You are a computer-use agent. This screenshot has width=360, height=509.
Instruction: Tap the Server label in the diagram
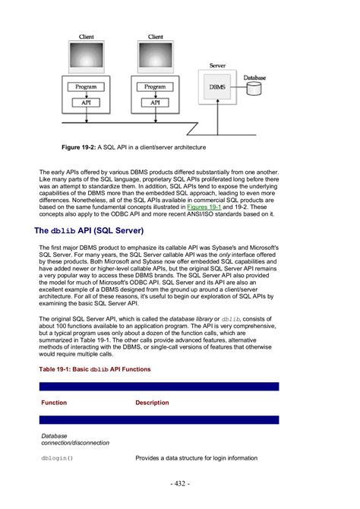(x=217, y=67)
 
